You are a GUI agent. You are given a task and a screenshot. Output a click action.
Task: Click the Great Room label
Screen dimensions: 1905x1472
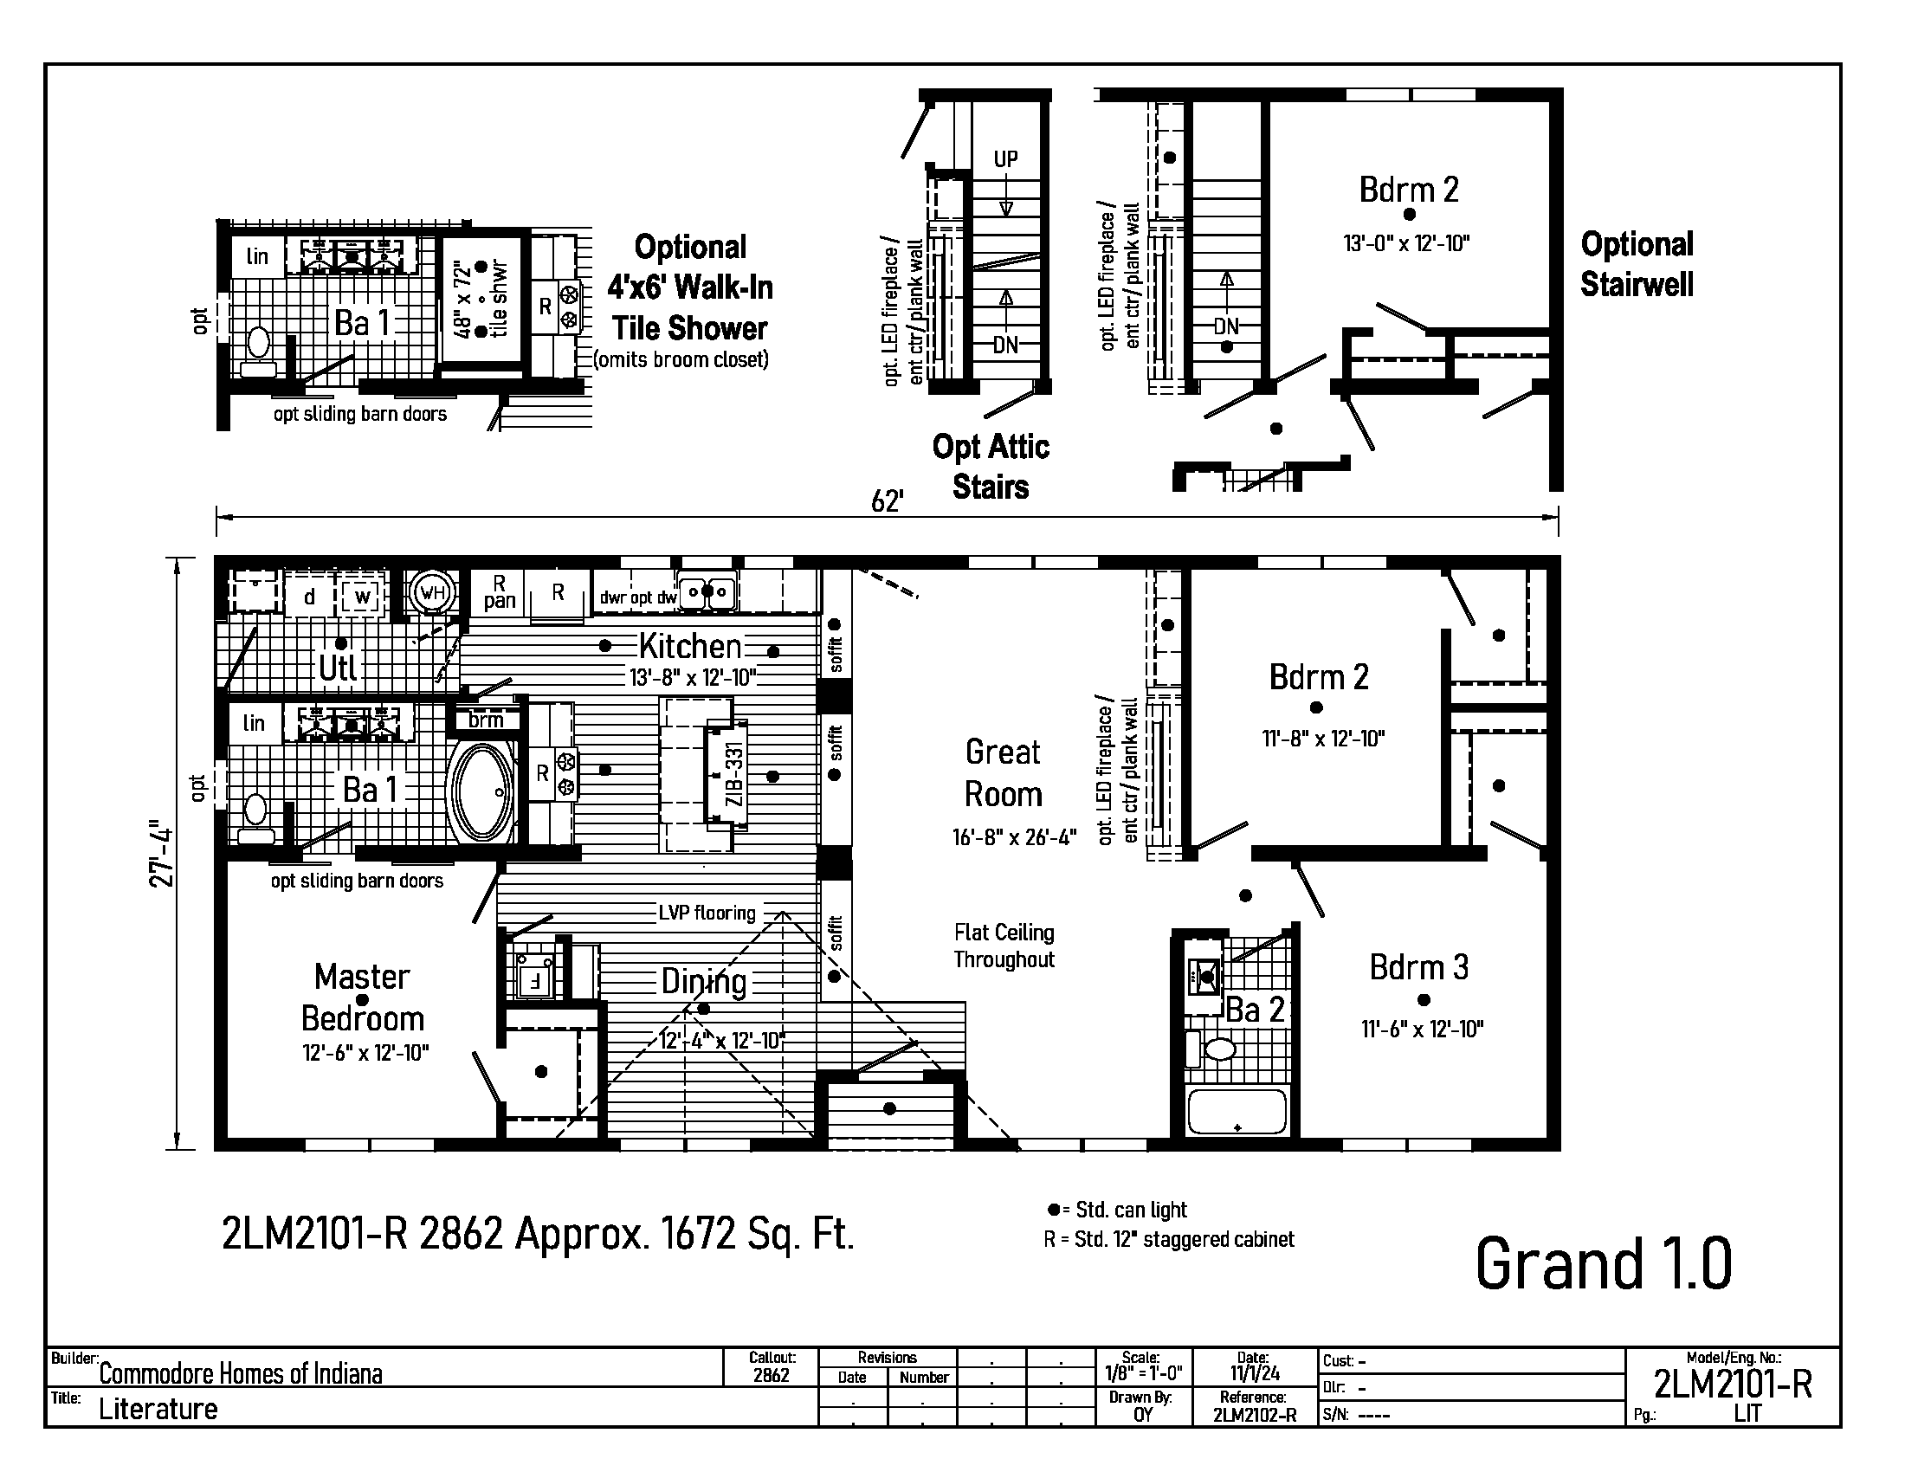pos(1003,772)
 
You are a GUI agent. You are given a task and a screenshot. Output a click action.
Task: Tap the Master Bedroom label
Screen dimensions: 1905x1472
pos(363,997)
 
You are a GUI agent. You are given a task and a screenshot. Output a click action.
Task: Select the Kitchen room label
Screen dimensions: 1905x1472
pos(690,646)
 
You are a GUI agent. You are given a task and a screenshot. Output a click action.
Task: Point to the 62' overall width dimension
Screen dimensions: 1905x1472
pos(887,501)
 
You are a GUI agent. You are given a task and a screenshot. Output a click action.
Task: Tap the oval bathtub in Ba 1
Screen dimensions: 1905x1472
pos(481,791)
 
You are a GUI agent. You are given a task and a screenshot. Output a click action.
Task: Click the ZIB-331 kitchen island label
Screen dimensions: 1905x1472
pos(734,772)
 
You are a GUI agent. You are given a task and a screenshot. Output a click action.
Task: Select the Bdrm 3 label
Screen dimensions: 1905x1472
pos(1419,967)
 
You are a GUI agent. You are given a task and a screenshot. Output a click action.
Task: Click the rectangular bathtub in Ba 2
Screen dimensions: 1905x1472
pos(1237,1111)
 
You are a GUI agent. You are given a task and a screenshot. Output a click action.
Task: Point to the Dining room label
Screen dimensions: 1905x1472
pos(704,982)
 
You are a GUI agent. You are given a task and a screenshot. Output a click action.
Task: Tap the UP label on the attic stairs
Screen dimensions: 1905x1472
pos(1005,159)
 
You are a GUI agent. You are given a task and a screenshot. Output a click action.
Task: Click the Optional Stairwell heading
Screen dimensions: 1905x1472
pos(1637,264)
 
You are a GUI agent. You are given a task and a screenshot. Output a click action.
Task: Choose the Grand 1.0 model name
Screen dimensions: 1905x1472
pos(1603,1263)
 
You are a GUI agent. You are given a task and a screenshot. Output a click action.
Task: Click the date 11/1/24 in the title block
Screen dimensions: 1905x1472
pos(1255,1373)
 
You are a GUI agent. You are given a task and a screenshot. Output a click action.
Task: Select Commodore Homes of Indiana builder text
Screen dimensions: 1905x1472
pos(241,1374)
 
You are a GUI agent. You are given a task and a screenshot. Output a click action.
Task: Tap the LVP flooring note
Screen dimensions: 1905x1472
pos(707,913)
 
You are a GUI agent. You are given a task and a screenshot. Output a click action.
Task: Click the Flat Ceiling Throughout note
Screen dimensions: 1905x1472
pos(1004,946)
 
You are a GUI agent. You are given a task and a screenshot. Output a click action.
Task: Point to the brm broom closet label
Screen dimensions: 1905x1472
pos(486,720)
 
